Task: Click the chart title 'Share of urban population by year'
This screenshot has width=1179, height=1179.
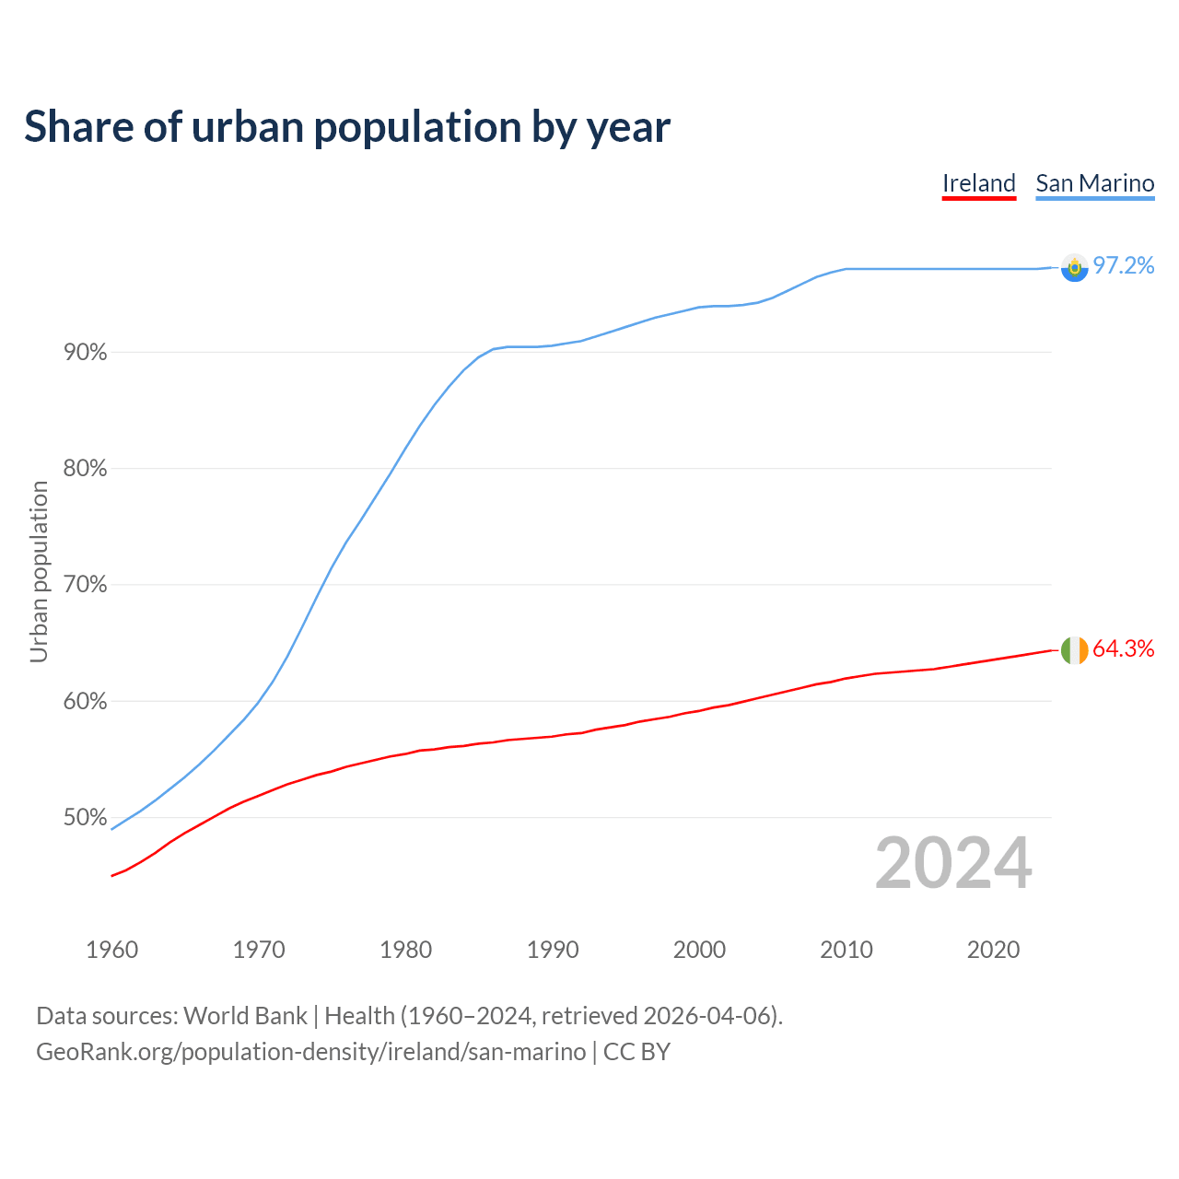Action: tap(347, 127)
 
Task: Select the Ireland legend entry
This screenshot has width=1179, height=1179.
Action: tap(978, 183)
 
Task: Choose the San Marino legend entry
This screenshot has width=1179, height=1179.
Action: tap(1094, 183)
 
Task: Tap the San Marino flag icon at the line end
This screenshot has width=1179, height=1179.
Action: tap(1074, 267)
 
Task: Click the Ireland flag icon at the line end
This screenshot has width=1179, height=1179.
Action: tap(1074, 650)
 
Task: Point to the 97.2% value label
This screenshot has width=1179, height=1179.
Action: tap(1124, 266)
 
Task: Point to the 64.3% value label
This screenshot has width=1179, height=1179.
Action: tap(1124, 649)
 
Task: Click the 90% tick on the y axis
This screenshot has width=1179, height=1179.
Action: tap(85, 353)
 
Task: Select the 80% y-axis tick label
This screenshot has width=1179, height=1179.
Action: tap(85, 469)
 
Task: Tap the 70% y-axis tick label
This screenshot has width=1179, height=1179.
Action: tap(85, 585)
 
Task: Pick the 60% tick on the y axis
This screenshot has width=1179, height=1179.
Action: tap(85, 702)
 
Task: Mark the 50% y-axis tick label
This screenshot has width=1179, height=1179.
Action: tap(85, 818)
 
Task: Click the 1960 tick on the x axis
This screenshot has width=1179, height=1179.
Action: tap(111, 950)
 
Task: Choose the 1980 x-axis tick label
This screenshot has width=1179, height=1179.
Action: tap(405, 950)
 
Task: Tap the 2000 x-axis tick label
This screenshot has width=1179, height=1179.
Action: tap(699, 950)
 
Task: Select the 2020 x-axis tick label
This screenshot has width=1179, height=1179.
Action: tap(993, 950)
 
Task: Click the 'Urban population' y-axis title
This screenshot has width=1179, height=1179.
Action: tap(39, 571)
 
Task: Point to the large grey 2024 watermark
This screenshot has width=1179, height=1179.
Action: tap(953, 864)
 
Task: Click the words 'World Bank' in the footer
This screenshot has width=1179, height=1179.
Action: tap(245, 1016)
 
